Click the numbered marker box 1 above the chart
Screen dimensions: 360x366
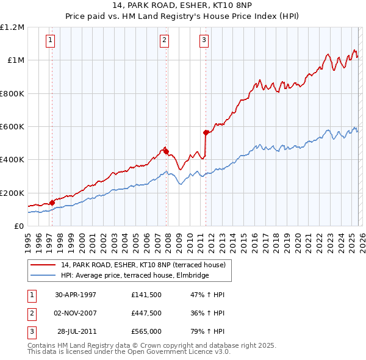click(x=49, y=40)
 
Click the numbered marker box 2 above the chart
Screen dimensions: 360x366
click(x=164, y=40)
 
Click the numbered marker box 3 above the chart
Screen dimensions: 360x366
click(x=204, y=40)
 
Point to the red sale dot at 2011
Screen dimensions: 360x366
click(x=206, y=132)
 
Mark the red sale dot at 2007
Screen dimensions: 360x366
click(x=166, y=152)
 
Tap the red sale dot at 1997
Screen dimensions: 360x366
click(x=52, y=203)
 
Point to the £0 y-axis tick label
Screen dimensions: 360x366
click(x=19, y=226)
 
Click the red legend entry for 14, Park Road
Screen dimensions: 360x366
click(x=143, y=265)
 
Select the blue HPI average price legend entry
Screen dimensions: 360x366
click(x=134, y=275)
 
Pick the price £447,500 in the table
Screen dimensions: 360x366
click(x=146, y=313)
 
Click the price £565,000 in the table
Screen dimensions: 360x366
click(x=146, y=332)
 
